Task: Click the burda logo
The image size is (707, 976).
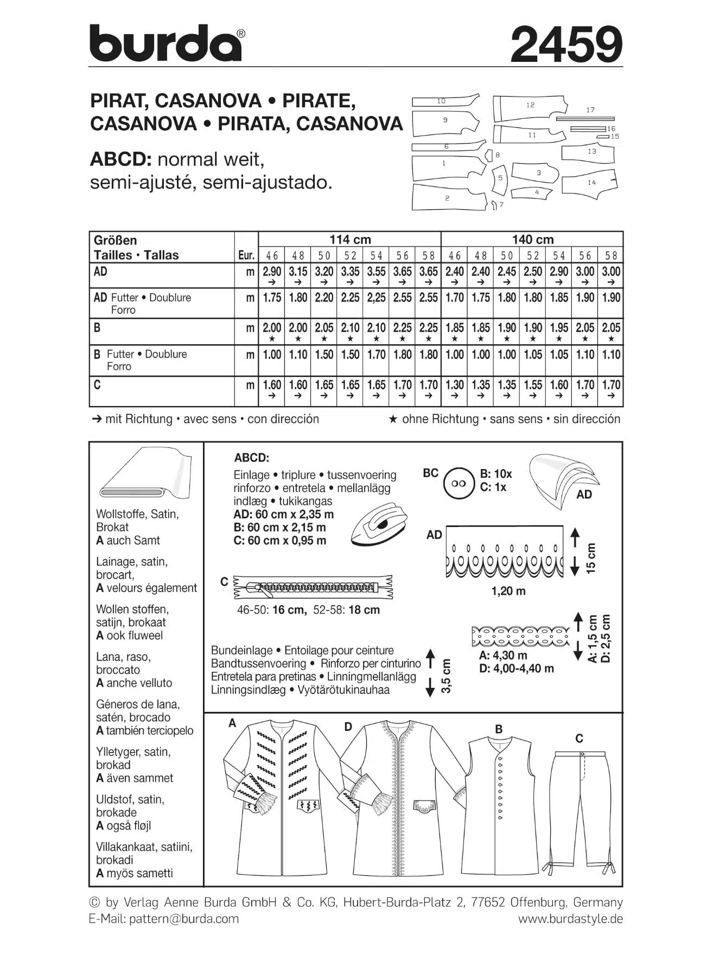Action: click(166, 43)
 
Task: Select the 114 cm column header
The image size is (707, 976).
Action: click(350, 240)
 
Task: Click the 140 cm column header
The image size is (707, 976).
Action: click(532, 240)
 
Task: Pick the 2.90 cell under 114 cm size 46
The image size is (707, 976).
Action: click(272, 272)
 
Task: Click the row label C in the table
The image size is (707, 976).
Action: click(97, 385)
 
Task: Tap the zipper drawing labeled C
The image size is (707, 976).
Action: click(312, 587)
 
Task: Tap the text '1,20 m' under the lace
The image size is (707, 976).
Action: click(508, 591)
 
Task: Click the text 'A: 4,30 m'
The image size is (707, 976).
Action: click(503, 655)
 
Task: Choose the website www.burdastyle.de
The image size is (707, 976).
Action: click(570, 919)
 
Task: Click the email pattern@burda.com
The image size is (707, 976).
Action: click(184, 919)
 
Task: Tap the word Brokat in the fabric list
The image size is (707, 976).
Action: click(112, 527)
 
